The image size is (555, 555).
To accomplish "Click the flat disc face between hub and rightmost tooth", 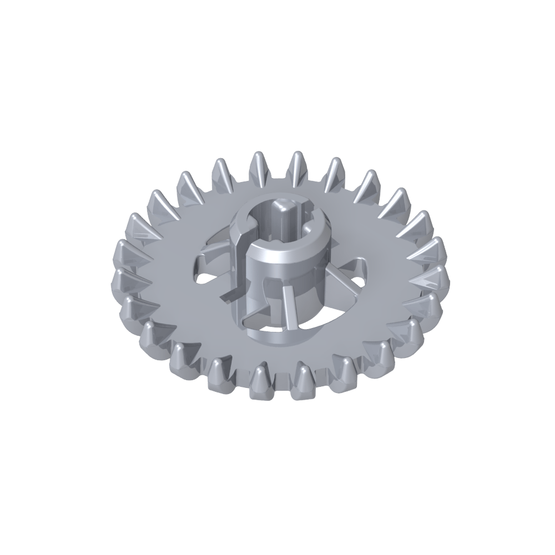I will tap(389, 289).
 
